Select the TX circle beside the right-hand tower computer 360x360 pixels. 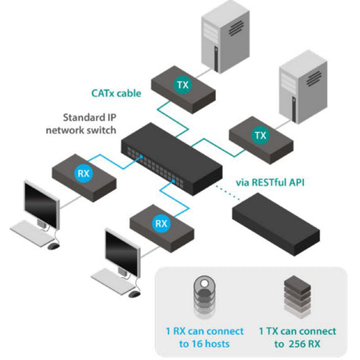(x=259, y=135)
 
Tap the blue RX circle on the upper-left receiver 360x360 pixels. (x=82, y=173)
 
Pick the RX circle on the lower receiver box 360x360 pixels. (x=161, y=223)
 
